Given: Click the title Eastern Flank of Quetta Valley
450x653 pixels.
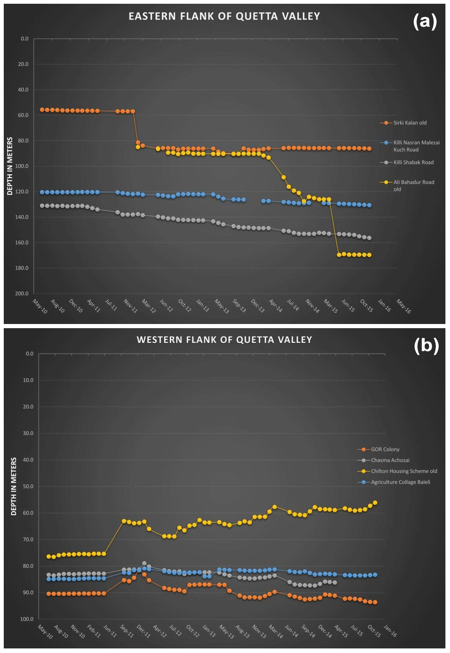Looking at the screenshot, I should click(224, 16).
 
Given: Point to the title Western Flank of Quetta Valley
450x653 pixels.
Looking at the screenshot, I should click(224, 340).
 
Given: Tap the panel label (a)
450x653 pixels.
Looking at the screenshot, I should click(425, 21).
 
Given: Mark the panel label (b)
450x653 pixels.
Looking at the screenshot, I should click(426, 345).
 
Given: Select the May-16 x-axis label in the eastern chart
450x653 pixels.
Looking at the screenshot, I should click(404, 306).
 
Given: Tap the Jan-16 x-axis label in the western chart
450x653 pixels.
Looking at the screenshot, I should click(390, 631).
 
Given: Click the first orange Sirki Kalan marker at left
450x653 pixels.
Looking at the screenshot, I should click(42, 110).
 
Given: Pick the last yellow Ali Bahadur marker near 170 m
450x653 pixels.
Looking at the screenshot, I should click(369, 255).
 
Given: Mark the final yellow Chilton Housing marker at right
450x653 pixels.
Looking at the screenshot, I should click(375, 503).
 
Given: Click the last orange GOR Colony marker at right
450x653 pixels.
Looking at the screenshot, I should click(375, 602).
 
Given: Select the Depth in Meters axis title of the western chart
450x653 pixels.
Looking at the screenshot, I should click(14, 486).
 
